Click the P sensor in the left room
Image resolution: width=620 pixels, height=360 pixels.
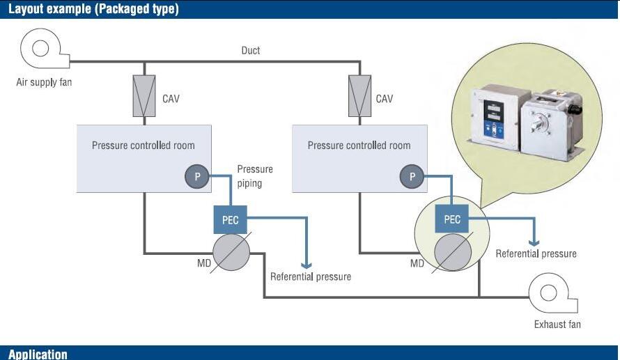point(197,177)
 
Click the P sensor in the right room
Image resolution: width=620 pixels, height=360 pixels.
point(412,177)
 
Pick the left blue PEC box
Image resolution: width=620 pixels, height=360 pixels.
point(230,219)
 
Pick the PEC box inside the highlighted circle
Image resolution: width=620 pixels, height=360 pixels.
point(452,219)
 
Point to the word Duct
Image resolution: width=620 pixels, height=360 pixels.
point(251,51)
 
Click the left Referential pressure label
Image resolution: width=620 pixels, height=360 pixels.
point(311,276)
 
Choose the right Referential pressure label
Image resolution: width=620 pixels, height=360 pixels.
point(536,253)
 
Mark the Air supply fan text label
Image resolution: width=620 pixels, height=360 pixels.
point(44,82)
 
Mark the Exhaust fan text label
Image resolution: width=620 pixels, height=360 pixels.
point(557,324)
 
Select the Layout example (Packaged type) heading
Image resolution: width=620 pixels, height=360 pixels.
point(93,9)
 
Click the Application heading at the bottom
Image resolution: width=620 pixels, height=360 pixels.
point(38,354)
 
